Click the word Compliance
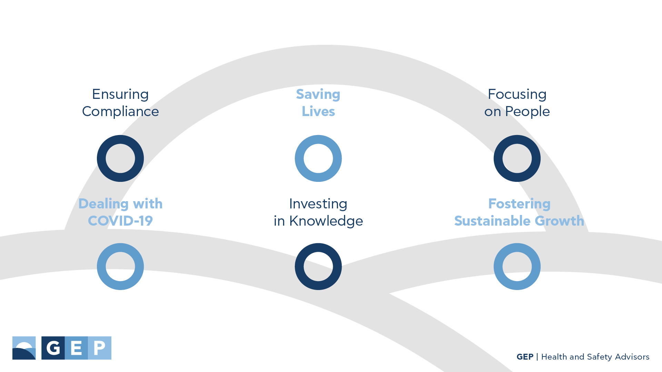[x=120, y=112]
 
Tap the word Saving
[x=318, y=95]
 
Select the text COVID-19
[x=120, y=221]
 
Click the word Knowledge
[x=326, y=221]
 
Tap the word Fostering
[x=519, y=204]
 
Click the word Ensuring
[x=120, y=95]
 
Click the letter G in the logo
[x=53, y=348]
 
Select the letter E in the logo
[x=76, y=348]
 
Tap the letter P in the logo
[x=100, y=348]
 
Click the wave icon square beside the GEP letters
[x=24, y=348]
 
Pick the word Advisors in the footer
[x=632, y=357]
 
